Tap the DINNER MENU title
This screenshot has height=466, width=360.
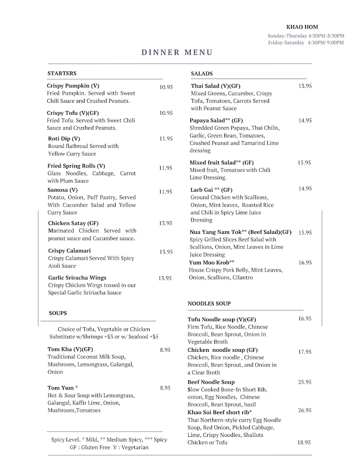(x=177, y=52)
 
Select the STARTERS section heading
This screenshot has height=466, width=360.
(x=62, y=73)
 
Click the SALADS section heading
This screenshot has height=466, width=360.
(x=202, y=73)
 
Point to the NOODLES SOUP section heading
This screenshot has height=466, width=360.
(x=209, y=304)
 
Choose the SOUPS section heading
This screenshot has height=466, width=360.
(x=58, y=313)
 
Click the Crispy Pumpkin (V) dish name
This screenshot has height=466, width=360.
(x=73, y=86)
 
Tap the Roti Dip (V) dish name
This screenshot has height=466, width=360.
(x=64, y=138)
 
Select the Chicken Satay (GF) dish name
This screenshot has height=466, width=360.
(x=73, y=223)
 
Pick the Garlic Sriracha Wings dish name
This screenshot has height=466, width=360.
(x=77, y=278)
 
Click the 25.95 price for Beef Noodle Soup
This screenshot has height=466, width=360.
(x=304, y=382)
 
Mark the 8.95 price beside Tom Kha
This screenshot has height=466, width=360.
(x=165, y=350)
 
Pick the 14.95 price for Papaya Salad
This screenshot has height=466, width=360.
(x=304, y=121)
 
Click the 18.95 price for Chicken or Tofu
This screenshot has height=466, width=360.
(x=304, y=442)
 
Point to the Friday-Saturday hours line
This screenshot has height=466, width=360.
(x=306, y=43)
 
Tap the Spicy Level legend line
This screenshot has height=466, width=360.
(x=109, y=440)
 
